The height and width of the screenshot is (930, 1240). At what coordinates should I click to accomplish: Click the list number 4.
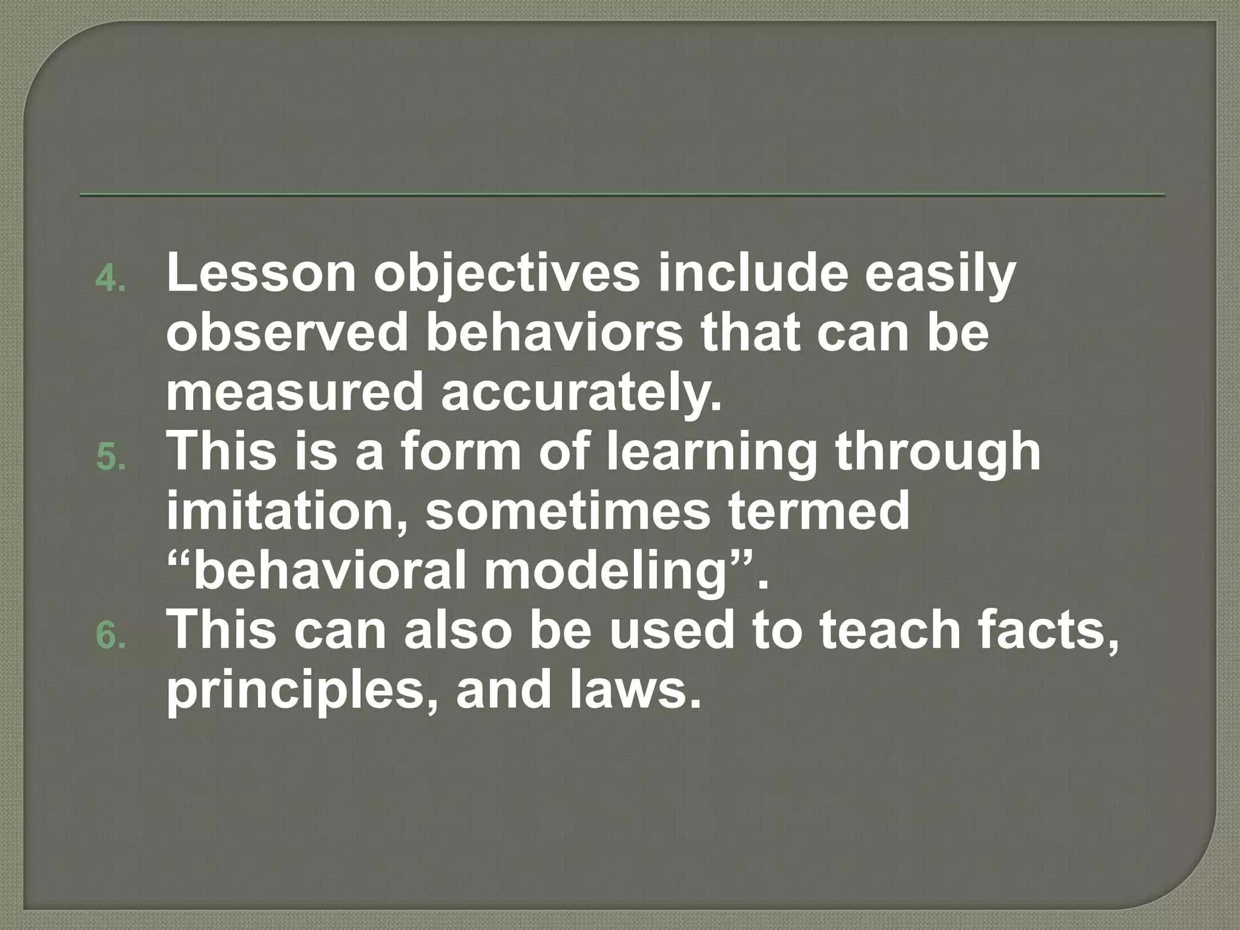110,279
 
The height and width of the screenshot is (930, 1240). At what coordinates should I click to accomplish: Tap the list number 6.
110,636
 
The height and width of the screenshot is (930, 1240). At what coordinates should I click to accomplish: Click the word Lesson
261,273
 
